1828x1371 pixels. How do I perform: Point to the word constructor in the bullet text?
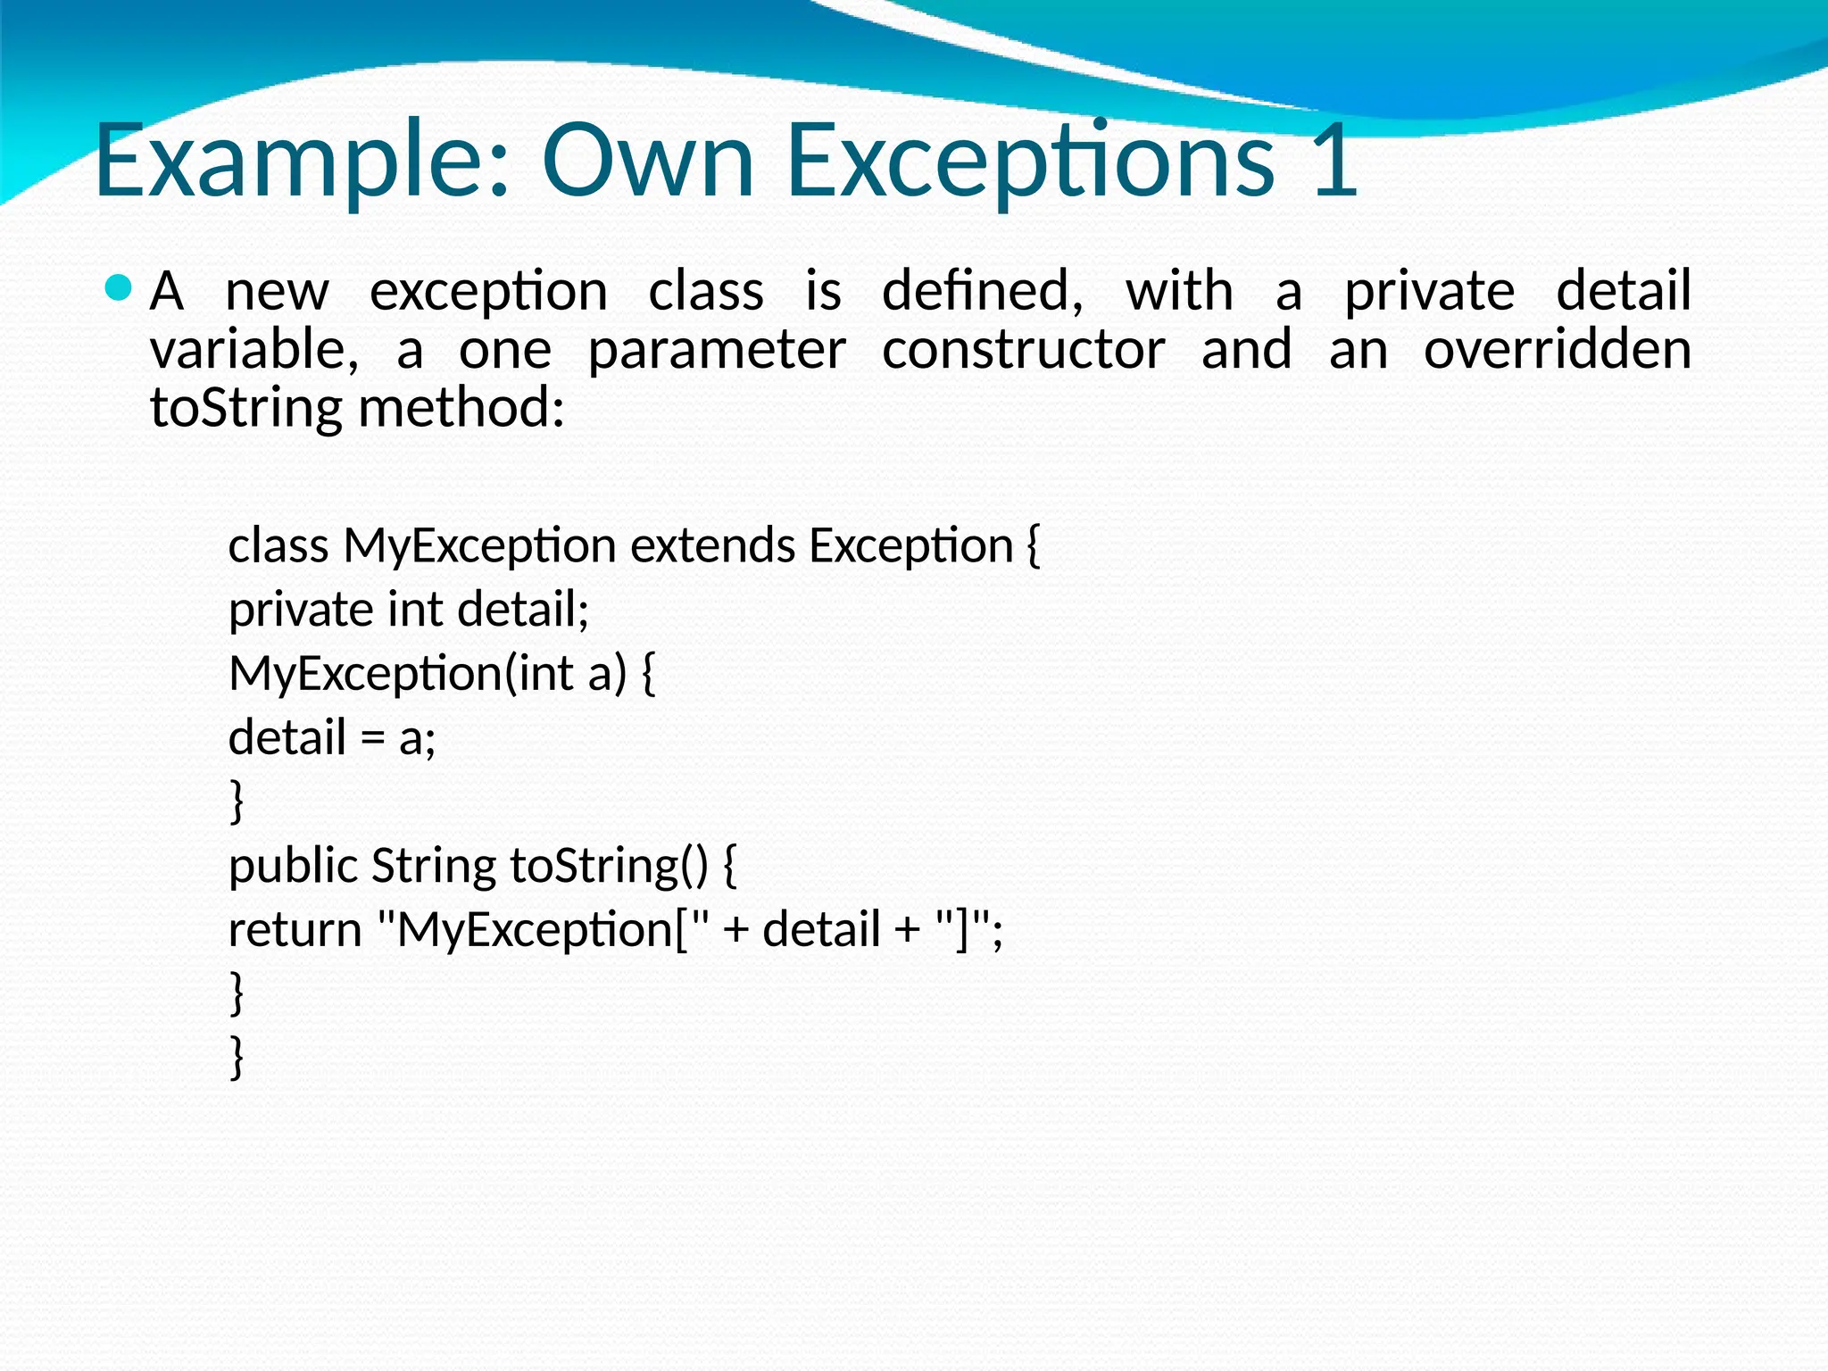click(x=1023, y=349)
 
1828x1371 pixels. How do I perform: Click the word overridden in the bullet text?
click(x=1557, y=349)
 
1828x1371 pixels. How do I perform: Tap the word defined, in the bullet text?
click(x=983, y=291)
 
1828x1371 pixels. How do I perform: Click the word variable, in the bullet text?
click(x=254, y=349)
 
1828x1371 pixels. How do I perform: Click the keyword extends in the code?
click(x=712, y=545)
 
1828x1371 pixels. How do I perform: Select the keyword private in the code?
click(x=301, y=611)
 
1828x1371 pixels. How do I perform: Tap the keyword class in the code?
click(x=278, y=545)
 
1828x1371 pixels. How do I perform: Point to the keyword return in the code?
click(x=295, y=930)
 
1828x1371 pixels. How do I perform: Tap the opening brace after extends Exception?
click(x=1034, y=546)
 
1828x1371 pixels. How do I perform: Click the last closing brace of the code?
click(x=237, y=1057)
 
